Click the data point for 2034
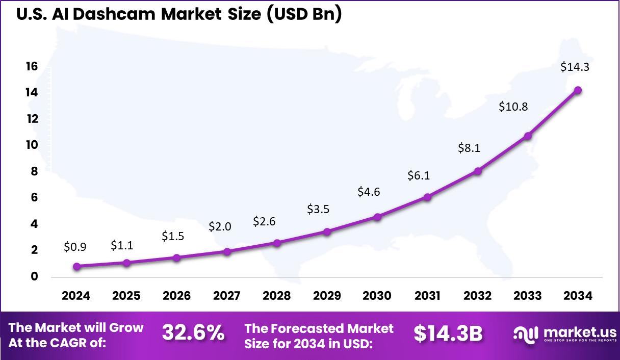point(578,90)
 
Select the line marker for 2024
point(76,266)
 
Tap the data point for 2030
point(377,217)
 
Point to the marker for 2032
point(478,171)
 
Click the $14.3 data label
point(575,67)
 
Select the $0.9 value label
point(75,247)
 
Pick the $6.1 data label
point(419,176)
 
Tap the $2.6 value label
point(264,222)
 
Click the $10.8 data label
point(513,107)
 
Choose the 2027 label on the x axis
point(227,296)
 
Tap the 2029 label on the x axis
point(327,296)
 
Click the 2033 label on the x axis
point(528,296)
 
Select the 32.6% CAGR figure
point(193,333)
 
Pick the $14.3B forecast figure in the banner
point(448,333)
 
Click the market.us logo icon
point(526,334)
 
